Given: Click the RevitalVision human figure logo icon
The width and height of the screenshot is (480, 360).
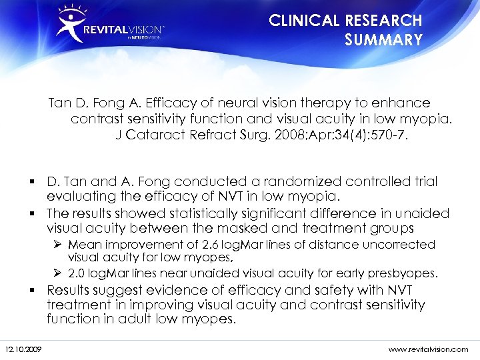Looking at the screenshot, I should click(x=70, y=23).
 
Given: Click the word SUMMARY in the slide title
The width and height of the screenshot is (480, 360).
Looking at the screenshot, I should click(x=383, y=40).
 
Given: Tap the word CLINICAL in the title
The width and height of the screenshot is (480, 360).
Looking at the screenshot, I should click(x=305, y=21).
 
